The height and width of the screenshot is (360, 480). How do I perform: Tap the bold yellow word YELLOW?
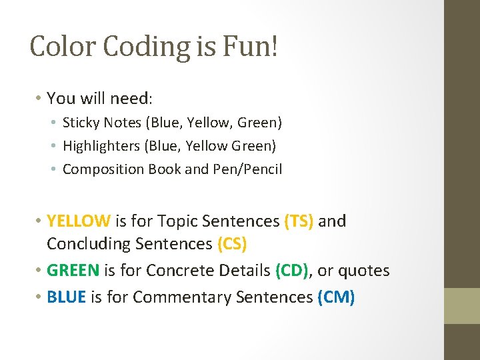[79, 221]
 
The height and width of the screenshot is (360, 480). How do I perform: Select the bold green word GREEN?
[73, 271]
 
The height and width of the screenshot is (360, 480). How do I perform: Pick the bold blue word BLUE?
[67, 297]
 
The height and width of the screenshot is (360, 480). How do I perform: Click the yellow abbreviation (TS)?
[299, 221]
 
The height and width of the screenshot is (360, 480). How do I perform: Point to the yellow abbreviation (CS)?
[232, 244]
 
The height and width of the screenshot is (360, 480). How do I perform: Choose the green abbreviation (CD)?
[292, 271]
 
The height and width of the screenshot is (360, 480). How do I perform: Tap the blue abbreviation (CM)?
[336, 297]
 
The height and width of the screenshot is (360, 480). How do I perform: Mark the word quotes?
[364, 271]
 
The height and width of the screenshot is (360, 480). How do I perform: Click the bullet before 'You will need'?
[39, 98]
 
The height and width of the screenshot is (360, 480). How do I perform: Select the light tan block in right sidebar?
[462, 305]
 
